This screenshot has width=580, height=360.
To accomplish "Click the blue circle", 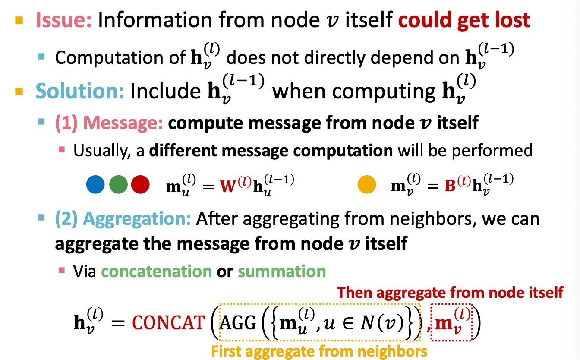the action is (x=96, y=184).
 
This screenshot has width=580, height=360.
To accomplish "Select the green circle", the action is (x=118, y=184).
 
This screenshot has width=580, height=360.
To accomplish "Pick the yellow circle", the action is (x=367, y=184).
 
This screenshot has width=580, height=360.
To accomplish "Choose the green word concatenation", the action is (x=156, y=272).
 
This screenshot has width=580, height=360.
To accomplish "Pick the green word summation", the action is (x=281, y=272).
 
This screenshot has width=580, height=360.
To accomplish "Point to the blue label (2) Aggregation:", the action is (x=123, y=219).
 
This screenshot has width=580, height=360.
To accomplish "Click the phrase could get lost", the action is (x=464, y=20).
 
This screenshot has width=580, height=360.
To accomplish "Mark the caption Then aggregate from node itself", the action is (x=450, y=293).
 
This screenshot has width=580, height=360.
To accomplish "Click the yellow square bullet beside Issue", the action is (x=19, y=20).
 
